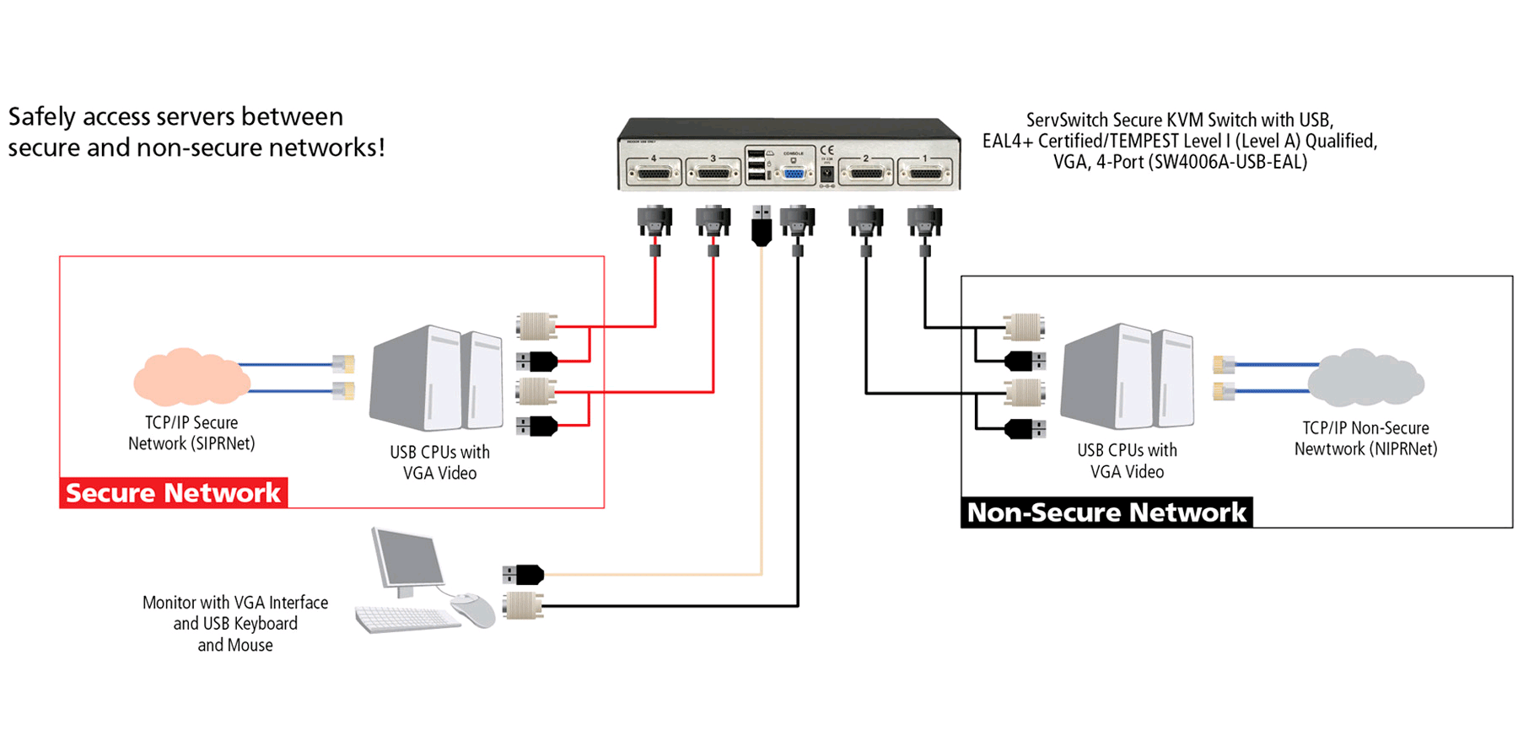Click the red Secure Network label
tap(173, 492)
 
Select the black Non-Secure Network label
tap(1106, 513)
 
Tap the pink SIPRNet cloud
tap(191, 377)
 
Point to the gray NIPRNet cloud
tap(1366, 377)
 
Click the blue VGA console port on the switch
tap(794, 173)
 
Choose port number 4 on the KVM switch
tap(654, 173)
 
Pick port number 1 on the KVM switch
tap(925, 173)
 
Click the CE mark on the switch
tap(826, 150)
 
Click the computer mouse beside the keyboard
tap(475, 609)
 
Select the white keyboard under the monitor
tap(406, 620)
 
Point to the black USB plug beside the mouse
tap(523, 575)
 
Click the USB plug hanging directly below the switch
tap(762, 225)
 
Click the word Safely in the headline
tap(43, 116)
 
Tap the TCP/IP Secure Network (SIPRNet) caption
tap(191, 433)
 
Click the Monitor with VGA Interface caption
tap(235, 603)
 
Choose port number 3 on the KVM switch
tap(713, 173)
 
